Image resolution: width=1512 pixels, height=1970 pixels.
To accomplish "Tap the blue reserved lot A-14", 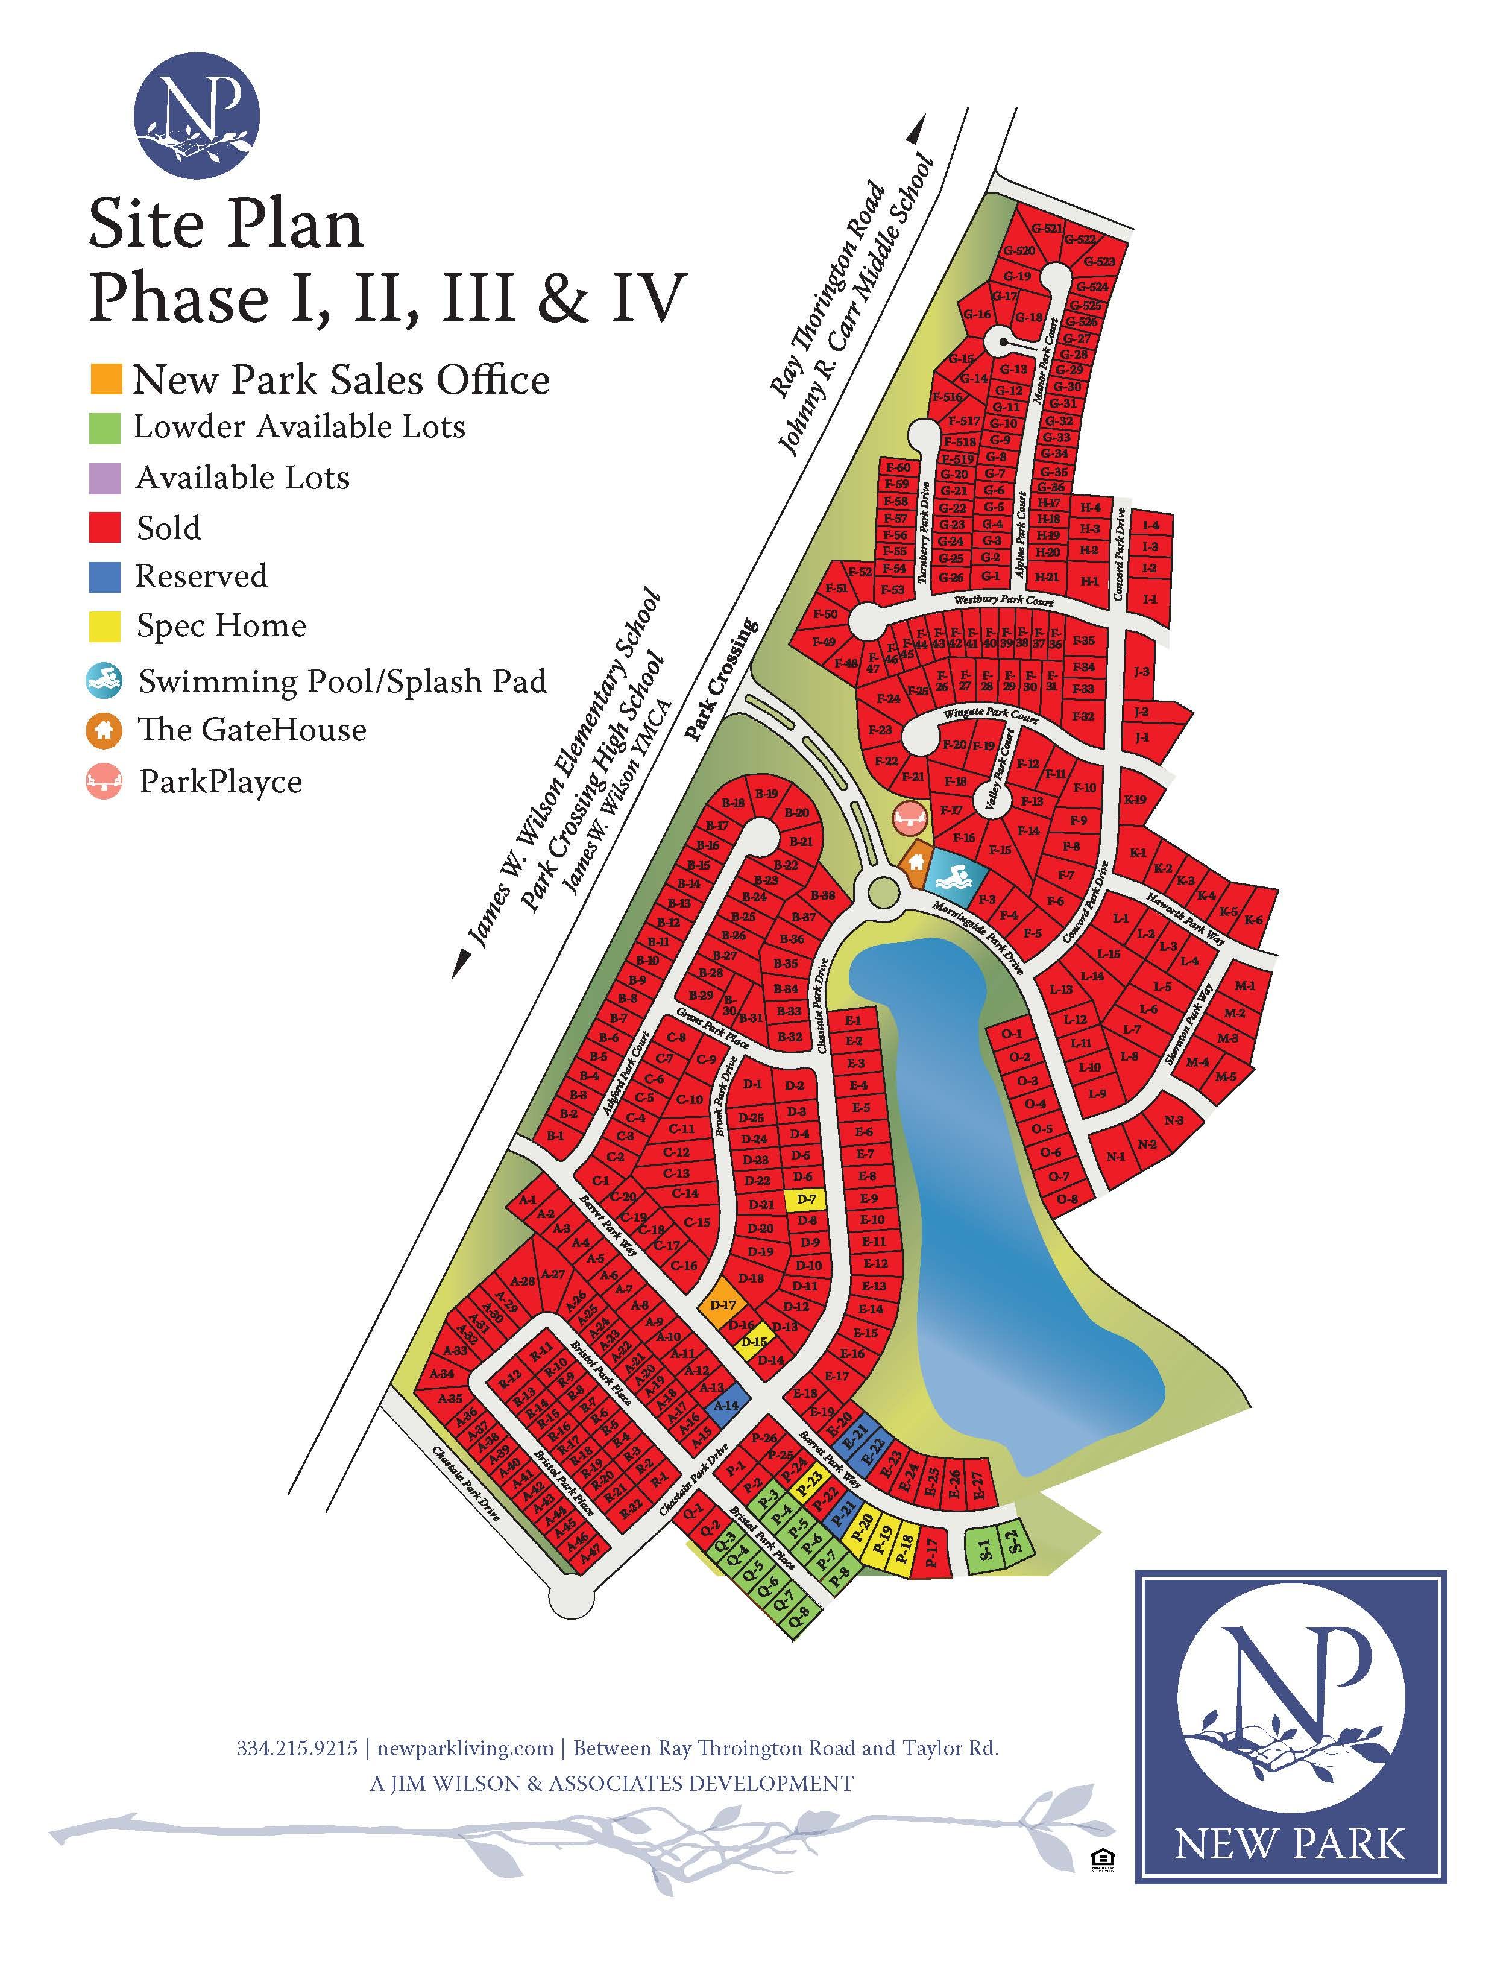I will point(725,1405).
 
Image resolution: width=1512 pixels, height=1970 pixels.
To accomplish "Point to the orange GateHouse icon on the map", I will point(915,861).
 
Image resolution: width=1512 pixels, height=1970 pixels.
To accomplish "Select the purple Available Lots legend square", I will point(106,478).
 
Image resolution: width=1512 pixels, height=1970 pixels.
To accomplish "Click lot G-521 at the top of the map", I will point(1046,229).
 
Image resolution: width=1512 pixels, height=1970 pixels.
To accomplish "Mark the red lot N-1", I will point(1116,1157).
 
